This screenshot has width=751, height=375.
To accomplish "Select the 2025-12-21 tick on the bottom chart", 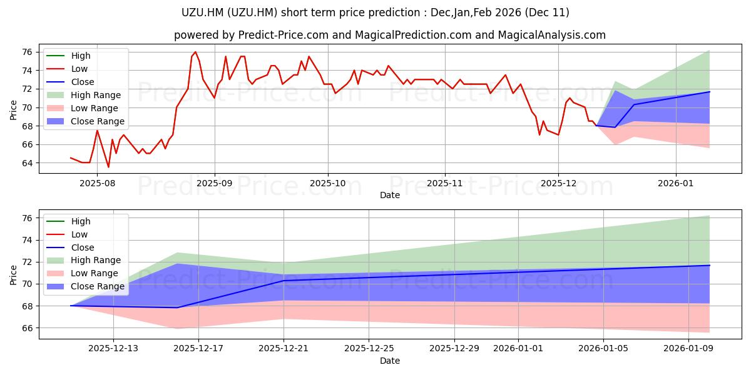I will point(284,348).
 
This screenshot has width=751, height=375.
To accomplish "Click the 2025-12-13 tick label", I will point(113,348).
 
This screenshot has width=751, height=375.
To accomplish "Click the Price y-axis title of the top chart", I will point(14,110).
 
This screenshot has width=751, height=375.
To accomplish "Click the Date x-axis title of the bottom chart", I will point(389,361).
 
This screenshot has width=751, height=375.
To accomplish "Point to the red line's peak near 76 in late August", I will point(195,52).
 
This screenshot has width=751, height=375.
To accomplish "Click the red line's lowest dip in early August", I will point(108,167).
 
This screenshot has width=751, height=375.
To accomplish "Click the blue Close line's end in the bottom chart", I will point(710,266).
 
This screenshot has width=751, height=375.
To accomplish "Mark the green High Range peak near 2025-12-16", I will point(178,252).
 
